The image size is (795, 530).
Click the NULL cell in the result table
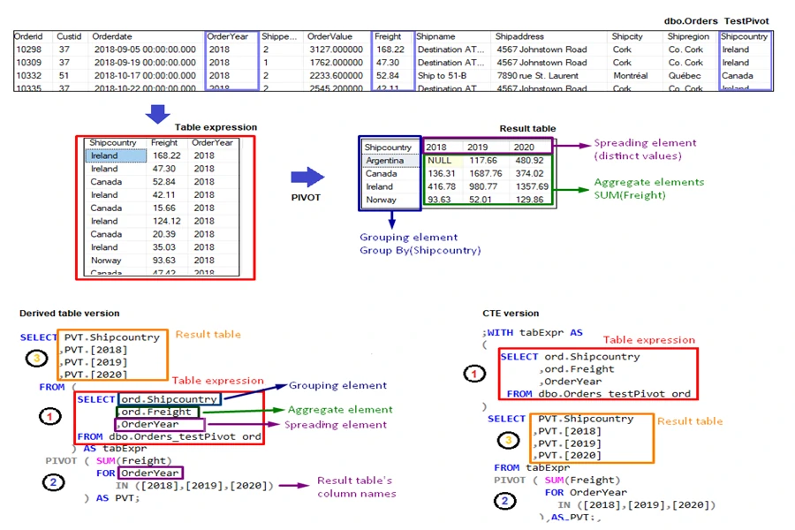tap(439, 161)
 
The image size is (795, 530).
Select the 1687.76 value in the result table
tap(484, 174)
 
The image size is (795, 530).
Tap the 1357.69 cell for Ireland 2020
tap(530, 187)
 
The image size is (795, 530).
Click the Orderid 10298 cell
tap(29, 50)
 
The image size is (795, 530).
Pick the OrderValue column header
tap(329, 37)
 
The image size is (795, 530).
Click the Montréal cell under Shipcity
tap(630, 76)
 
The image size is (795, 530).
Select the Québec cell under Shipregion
tap(685, 76)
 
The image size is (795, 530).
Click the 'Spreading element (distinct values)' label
tap(645, 149)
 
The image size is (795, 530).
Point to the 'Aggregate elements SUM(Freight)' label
tap(648, 188)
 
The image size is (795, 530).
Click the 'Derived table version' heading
tap(70, 314)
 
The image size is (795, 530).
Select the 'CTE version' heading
tap(511, 314)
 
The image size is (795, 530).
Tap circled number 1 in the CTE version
tap(475, 374)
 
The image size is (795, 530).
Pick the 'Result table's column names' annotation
tap(357, 487)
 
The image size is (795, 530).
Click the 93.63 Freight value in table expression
tap(163, 261)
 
